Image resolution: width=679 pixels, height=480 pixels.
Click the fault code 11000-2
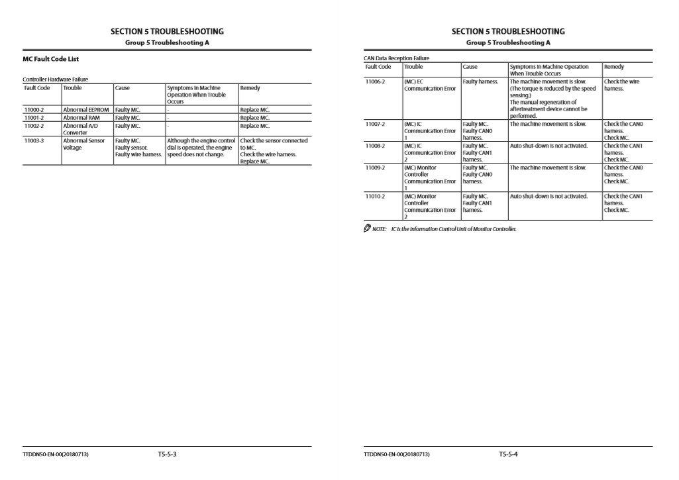(x=34, y=110)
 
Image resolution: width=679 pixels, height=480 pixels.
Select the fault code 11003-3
(x=34, y=140)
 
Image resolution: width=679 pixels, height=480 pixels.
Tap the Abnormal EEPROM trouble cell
(x=86, y=110)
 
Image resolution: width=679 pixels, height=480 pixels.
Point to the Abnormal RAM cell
(x=81, y=118)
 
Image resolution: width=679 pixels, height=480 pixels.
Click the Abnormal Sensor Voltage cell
(x=84, y=144)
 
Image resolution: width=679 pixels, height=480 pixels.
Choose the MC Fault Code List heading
(x=51, y=59)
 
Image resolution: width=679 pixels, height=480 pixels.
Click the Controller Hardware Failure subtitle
(x=55, y=79)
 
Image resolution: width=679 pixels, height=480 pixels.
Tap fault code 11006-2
(x=375, y=81)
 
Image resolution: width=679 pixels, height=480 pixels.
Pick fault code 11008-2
(x=375, y=146)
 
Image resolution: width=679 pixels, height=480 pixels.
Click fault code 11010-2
(x=375, y=196)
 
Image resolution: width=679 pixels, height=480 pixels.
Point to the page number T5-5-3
(x=167, y=454)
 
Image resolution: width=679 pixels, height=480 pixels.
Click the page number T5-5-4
(x=508, y=454)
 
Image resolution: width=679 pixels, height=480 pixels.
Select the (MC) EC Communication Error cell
(x=430, y=85)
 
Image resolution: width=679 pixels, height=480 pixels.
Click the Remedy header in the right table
(x=613, y=67)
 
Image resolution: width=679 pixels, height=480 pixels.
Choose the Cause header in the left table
(x=123, y=88)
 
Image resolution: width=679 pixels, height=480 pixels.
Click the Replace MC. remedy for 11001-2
(x=255, y=118)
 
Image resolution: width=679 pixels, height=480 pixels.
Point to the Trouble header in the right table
(x=413, y=67)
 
